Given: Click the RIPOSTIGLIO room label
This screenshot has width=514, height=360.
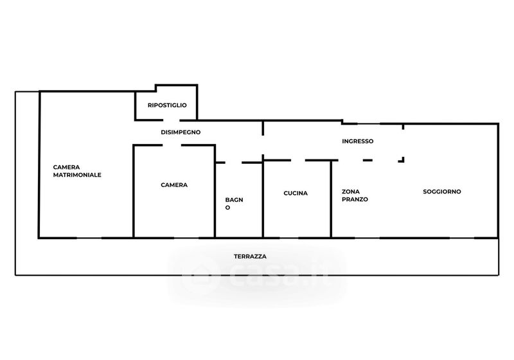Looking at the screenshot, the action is (167, 105).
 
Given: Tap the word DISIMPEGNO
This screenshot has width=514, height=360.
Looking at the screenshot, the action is (181, 132).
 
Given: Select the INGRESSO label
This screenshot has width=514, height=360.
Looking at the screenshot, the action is (358, 141).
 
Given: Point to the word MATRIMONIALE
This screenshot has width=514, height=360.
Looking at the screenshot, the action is (77, 175).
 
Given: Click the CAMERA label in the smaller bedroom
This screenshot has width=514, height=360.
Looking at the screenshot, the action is (174, 185).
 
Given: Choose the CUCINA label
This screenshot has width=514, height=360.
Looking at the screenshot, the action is (296, 193).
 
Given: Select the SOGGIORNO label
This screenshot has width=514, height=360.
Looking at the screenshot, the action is (442, 192).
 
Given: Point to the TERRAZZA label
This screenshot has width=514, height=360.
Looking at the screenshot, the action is (250, 256).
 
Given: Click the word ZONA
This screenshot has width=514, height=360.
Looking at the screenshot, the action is (351, 192).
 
